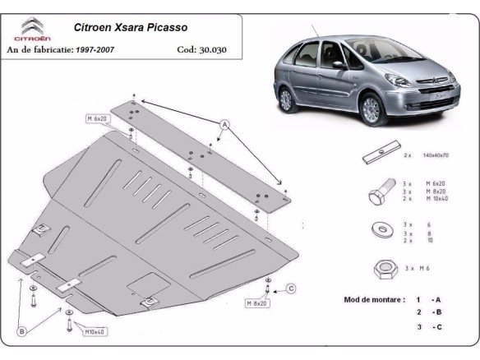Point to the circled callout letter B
point(23,332)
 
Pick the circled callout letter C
point(291,288)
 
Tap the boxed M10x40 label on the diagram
point(97,331)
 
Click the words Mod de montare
point(373,299)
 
